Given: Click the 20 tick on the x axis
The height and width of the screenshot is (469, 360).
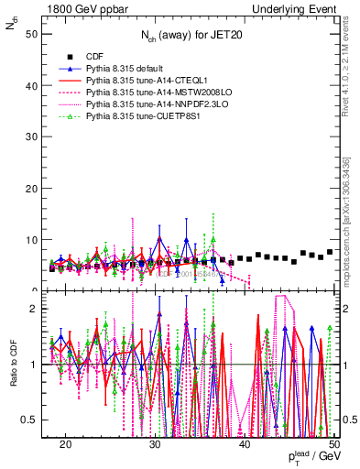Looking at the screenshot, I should tap(66, 443).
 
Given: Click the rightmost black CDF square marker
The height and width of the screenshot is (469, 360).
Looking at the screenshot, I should tap(330, 252).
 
